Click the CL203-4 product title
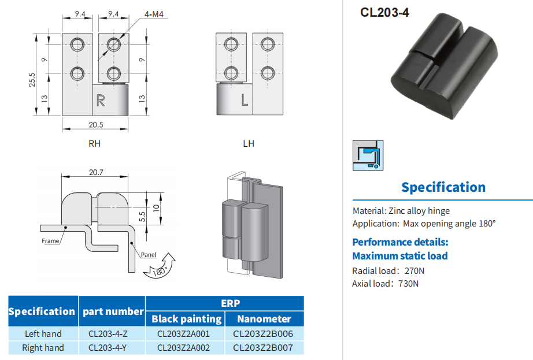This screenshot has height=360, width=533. tap(384, 12)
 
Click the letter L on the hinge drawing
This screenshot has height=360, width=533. tap(245, 101)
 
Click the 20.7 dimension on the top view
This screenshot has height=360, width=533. tap(96, 172)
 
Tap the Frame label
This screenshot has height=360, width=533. tap(50, 241)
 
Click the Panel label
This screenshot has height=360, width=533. tap(148, 254)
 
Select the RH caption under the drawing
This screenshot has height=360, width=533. tap(95, 143)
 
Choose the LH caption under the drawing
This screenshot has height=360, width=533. tap(249, 143)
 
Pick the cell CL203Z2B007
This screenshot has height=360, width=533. tap(263, 348)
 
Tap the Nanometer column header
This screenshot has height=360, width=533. tap(263, 318)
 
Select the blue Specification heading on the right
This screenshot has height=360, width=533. tap(443, 187)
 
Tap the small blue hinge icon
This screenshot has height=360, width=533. tap(368, 155)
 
